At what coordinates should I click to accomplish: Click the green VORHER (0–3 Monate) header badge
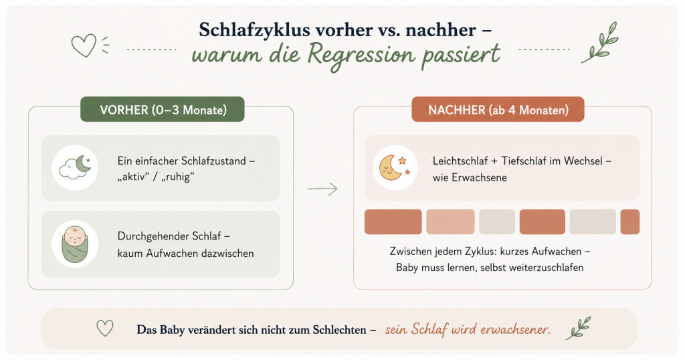pos(162,109)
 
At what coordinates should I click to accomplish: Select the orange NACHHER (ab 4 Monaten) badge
pos(498,109)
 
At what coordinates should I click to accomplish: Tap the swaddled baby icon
pos(75,244)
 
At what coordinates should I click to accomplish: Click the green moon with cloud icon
pos(75,168)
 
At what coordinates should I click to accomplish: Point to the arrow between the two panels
pos(322,189)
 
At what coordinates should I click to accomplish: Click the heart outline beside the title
pos(84,46)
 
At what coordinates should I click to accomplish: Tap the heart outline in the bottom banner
pos(105,328)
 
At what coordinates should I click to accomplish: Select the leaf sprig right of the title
pos(600,42)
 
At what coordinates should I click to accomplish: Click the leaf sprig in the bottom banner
pos(578,328)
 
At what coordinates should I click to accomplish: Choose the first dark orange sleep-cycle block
pos(393,222)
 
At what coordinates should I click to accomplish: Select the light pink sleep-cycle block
pos(450,222)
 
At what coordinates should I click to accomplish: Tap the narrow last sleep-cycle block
pos(630,222)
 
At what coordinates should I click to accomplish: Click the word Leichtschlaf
pos(460,161)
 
